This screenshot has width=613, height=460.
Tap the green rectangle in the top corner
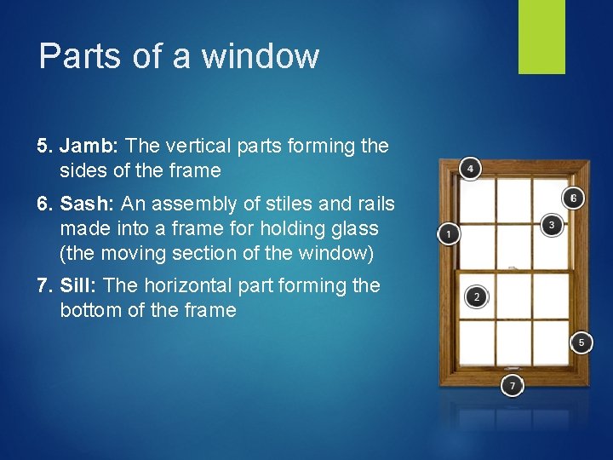(541, 37)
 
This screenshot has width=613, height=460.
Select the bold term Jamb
(89, 146)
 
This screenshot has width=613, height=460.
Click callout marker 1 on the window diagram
(448, 233)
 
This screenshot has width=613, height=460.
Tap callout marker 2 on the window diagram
(477, 296)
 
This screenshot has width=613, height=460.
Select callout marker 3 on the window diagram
(552, 225)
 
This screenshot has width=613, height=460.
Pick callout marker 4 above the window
(470, 168)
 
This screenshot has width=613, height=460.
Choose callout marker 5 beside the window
(581, 342)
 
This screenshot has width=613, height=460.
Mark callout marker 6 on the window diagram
(574, 198)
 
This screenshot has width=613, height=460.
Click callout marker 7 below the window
(512, 385)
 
